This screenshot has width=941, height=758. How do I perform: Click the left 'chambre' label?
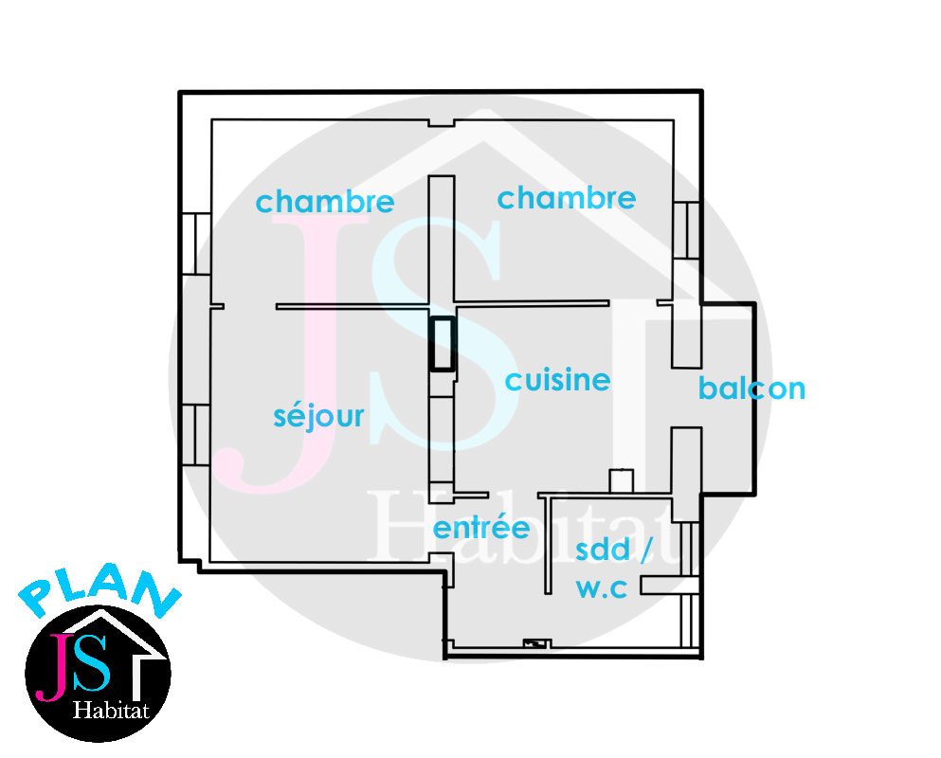click(325, 202)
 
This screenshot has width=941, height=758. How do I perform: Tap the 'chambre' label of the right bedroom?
click(567, 198)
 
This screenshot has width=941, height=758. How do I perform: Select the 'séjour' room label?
click(318, 415)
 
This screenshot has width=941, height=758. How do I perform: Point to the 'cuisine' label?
click(557, 380)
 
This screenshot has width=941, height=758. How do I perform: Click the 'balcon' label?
click(751, 388)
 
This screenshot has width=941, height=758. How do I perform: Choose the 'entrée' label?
click(481, 528)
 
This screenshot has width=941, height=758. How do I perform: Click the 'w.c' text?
click(602, 588)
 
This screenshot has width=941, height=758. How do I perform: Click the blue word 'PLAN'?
click(99, 593)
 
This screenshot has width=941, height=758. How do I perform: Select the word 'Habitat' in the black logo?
click(111, 711)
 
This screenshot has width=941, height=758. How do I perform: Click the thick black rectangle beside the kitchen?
click(443, 343)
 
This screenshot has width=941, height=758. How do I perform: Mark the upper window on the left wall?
click(195, 244)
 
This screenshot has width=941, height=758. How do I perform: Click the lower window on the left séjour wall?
click(195, 435)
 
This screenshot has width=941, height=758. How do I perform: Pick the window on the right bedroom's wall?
click(686, 230)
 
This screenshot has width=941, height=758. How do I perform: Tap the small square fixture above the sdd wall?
click(621, 480)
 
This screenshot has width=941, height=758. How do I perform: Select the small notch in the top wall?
click(441, 123)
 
